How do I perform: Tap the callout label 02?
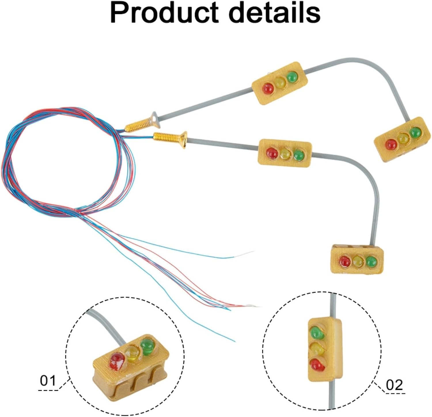[x=394, y=385]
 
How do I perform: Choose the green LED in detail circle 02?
[x=317, y=333]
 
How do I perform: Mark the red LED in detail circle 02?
[x=317, y=364]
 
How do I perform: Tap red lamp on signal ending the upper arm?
[x=391, y=144]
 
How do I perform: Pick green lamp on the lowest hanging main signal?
[x=372, y=261]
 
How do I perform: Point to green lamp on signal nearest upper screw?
[x=292, y=76]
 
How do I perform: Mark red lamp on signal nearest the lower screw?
[x=272, y=153]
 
